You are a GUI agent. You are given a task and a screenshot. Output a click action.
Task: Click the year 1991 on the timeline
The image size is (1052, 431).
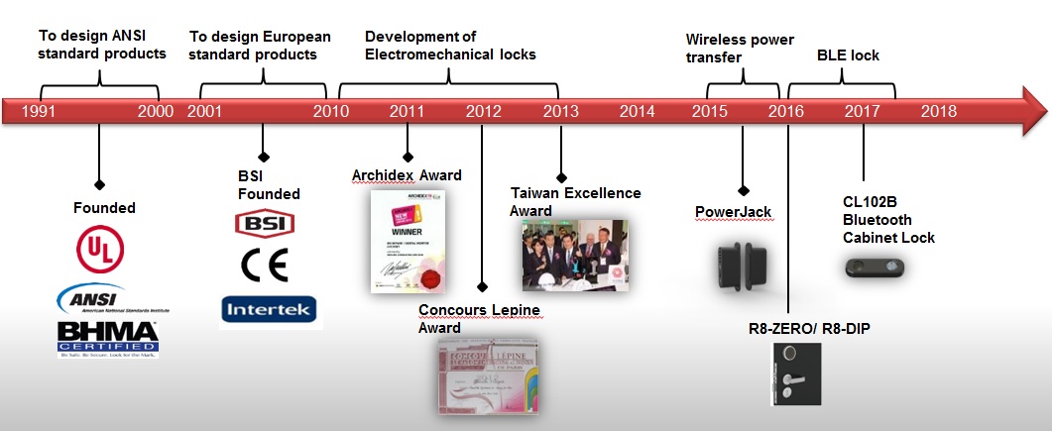click(x=39, y=111)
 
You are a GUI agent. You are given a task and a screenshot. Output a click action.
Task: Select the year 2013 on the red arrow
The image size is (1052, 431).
click(x=561, y=111)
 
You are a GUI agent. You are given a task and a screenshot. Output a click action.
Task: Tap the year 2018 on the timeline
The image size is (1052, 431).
click(x=938, y=111)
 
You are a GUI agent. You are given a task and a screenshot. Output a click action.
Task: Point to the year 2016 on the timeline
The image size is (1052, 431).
click(x=785, y=111)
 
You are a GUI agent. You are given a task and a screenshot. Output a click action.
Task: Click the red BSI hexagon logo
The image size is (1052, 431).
click(x=263, y=224)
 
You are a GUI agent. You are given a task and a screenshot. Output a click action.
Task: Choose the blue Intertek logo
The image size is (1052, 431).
click(x=269, y=310)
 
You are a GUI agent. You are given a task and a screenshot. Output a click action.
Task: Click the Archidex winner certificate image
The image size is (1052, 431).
click(x=408, y=240)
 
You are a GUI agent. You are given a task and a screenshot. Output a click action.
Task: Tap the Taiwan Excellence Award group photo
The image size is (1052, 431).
click(x=575, y=255)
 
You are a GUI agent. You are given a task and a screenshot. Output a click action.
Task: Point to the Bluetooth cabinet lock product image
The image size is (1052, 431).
click(x=873, y=266)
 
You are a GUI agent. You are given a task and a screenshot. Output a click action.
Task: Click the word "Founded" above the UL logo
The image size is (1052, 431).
click(x=104, y=208)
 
